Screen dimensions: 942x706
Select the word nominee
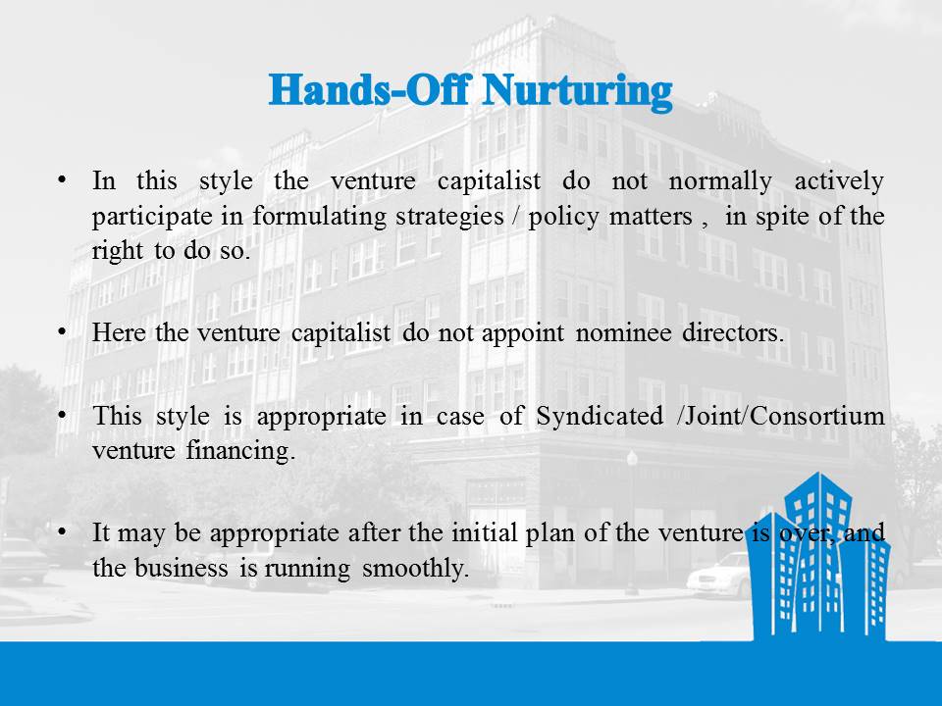tap(623, 333)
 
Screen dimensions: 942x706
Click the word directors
tap(733, 332)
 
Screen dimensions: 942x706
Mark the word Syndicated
tap(600, 416)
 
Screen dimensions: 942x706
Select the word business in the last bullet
tap(181, 568)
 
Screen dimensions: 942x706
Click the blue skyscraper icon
tap(821, 555)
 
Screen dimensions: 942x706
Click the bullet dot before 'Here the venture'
tap(62, 332)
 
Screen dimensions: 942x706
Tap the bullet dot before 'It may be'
tap(62, 531)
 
